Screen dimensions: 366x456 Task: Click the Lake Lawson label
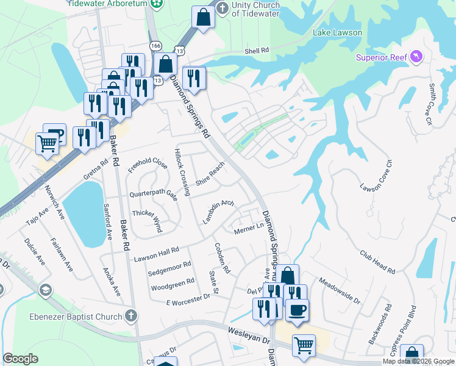(x=337, y=32)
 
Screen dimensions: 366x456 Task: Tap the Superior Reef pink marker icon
(x=417, y=57)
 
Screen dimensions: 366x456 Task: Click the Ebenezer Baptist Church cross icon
(x=129, y=315)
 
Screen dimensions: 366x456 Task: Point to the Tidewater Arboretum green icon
(x=157, y=3)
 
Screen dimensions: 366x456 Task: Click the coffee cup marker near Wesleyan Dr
(x=297, y=309)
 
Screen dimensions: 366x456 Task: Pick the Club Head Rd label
(x=377, y=262)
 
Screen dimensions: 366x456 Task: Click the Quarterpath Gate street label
(x=153, y=195)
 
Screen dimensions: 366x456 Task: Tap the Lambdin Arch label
(x=218, y=212)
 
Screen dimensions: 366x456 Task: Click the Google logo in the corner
(x=20, y=359)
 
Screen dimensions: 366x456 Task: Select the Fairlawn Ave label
(x=62, y=254)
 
